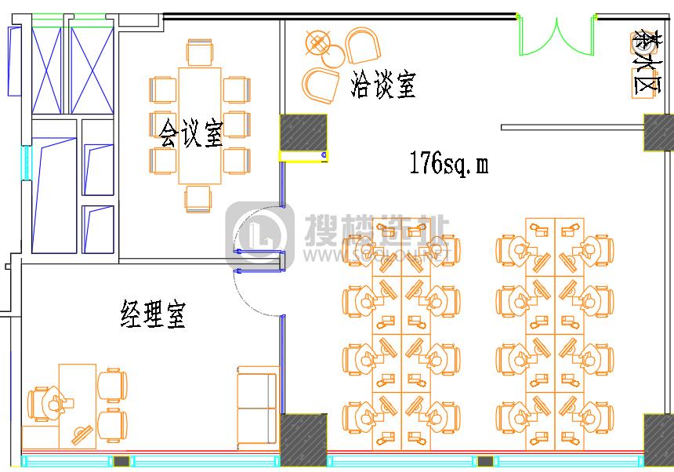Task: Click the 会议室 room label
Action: [191, 132]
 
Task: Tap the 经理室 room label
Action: [153, 314]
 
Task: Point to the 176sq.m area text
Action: [448, 163]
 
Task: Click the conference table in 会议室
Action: [201, 125]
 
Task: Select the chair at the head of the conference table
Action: [199, 53]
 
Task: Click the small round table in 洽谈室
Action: [334, 56]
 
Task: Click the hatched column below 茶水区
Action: [658, 132]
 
